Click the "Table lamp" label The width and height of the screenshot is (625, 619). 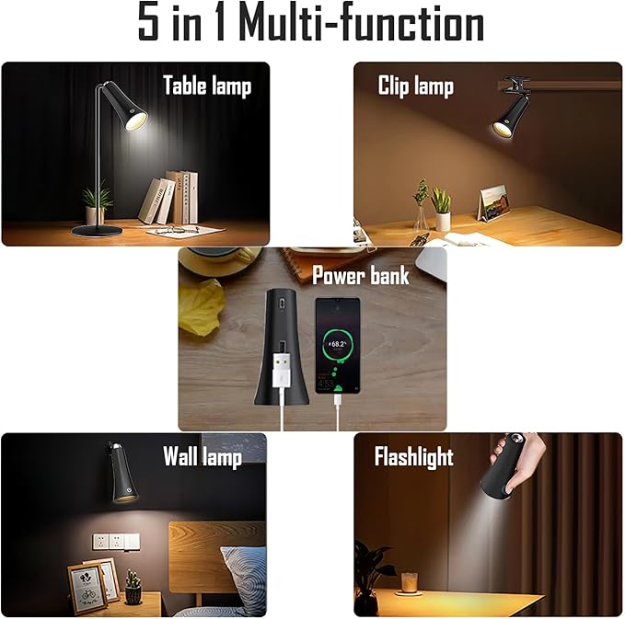pos(206,86)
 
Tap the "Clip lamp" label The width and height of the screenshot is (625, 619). pos(415,86)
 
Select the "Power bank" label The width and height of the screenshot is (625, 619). pos(361,275)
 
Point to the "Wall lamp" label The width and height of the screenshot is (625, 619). pos(202,457)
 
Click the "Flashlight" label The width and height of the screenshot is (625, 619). pos(413,457)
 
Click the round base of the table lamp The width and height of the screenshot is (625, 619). pos(98,229)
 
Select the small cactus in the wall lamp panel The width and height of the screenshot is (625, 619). pos(133,585)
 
